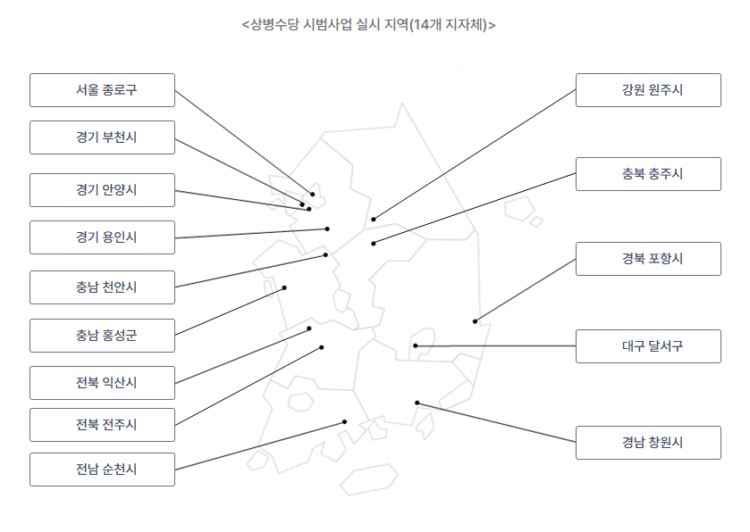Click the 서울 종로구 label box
click(x=102, y=90)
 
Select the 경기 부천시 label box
click(x=102, y=137)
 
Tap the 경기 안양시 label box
click(x=102, y=190)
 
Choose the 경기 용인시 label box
click(x=102, y=237)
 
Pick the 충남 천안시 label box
click(x=102, y=287)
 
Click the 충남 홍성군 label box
click(x=102, y=336)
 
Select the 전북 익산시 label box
click(x=102, y=383)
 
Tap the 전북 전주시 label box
click(x=102, y=425)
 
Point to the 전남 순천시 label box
click(x=102, y=470)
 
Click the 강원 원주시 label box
click(x=648, y=90)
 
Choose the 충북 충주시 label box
click(x=648, y=174)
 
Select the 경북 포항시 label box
click(x=648, y=259)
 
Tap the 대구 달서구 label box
click(x=648, y=346)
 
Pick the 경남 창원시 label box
click(x=648, y=443)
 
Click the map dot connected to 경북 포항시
click(x=476, y=321)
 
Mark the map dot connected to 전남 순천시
click(x=345, y=421)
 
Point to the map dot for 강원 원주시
click(x=374, y=219)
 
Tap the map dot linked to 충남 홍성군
click(x=285, y=287)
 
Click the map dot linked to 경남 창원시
click(x=417, y=403)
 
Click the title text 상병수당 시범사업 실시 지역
click(x=368, y=24)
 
